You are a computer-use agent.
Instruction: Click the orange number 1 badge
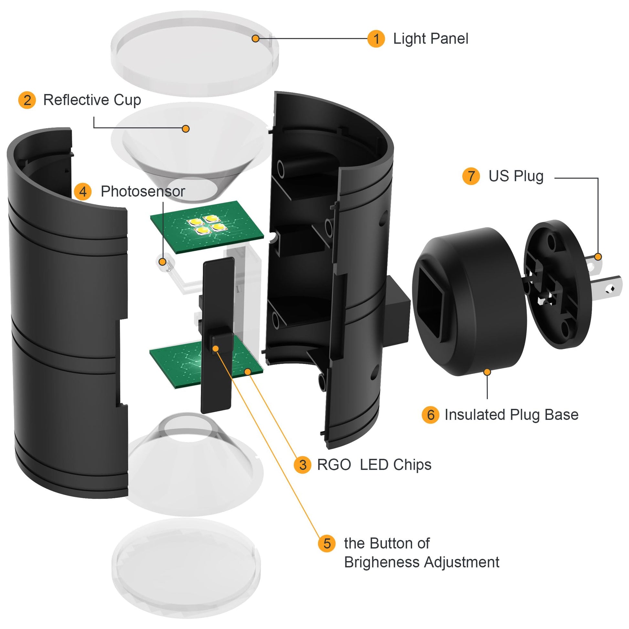[376, 39]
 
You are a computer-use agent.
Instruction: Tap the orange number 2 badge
[27, 100]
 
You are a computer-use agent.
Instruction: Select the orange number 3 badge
[303, 464]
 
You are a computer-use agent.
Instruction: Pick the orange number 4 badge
[83, 191]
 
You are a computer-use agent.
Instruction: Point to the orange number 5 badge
[327, 543]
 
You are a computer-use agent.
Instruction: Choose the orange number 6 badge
[431, 415]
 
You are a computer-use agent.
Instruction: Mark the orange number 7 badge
[471, 176]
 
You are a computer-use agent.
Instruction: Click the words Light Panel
[431, 39]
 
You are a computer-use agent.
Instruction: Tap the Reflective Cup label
[92, 100]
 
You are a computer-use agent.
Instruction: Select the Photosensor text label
[143, 191]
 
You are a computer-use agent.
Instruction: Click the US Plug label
[516, 176]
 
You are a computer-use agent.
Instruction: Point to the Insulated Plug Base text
[511, 415]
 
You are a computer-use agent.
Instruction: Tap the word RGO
[334, 465]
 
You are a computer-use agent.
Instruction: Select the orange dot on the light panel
[256, 39]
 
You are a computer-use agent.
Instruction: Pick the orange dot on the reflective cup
[186, 129]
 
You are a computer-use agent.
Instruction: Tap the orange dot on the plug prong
[598, 257]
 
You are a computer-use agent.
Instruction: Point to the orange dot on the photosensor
[163, 261]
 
